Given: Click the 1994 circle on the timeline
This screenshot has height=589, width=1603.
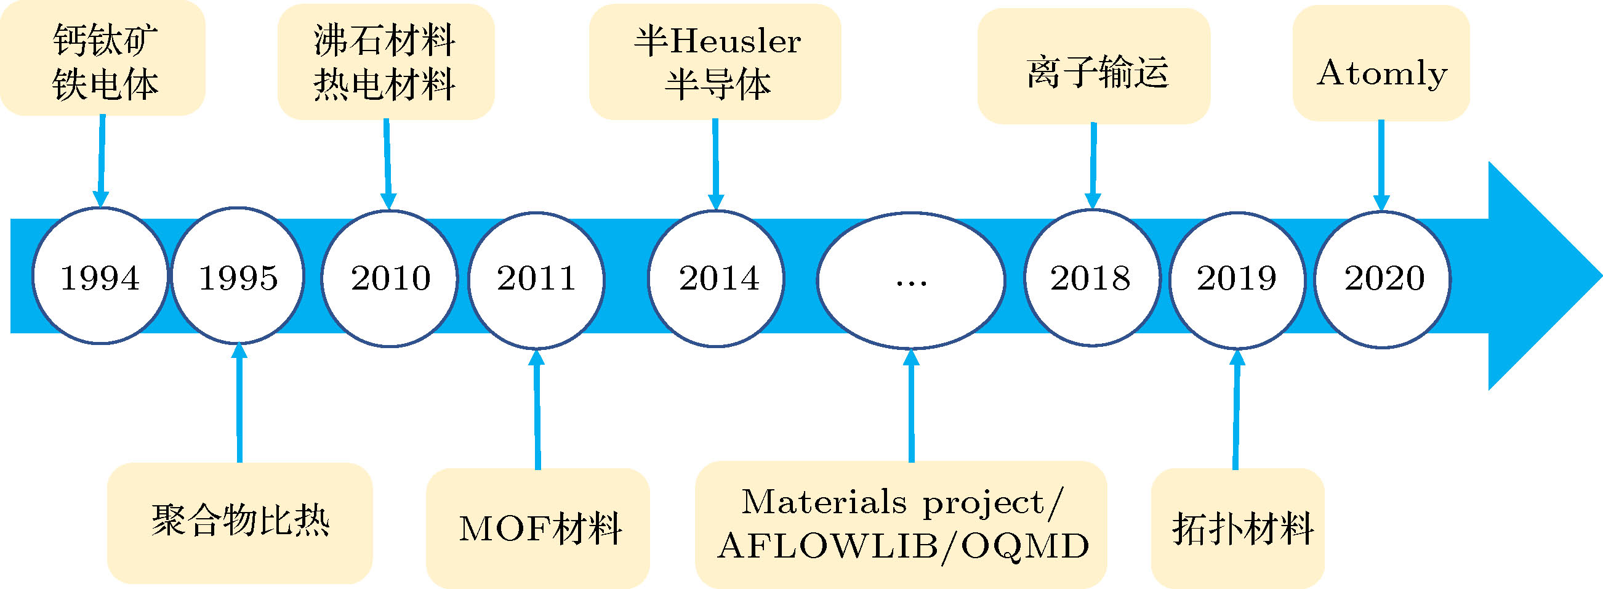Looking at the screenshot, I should click(x=100, y=276).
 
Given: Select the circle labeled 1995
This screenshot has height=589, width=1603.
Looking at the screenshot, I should click(x=238, y=276).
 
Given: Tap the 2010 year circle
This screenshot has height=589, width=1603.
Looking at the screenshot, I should click(x=390, y=278).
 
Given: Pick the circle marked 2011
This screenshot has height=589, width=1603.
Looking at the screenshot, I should click(x=536, y=279).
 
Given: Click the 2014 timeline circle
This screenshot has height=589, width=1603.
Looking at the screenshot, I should click(x=717, y=278).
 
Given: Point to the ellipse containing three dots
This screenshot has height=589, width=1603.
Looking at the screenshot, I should click(x=910, y=280).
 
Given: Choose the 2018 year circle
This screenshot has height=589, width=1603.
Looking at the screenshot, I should click(x=1091, y=278).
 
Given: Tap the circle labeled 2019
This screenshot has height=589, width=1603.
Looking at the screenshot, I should click(x=1237, y=280).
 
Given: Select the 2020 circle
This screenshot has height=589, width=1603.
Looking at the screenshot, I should click(x=1382, y=280).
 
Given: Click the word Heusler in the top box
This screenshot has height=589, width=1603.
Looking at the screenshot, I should click(x=736, y=42).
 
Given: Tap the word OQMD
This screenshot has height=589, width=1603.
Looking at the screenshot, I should click(x=1026, y=546).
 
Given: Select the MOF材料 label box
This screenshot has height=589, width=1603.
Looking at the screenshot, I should click(x=537, y=528).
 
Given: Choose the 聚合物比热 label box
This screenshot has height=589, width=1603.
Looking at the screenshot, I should click(x=239, y=522).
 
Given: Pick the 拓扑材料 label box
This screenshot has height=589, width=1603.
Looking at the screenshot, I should click(x=1238, y=528).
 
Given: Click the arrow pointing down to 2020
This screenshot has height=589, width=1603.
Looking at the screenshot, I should click(x=1381, y=165).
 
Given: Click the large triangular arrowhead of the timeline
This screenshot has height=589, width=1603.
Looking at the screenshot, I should click(x=1537, y=276).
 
